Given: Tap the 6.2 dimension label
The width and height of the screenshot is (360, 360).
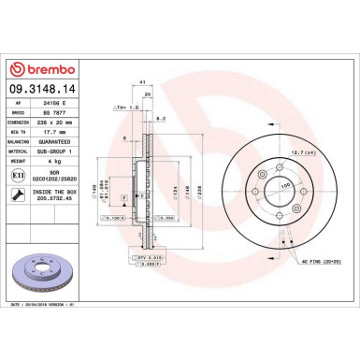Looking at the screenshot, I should click(161, 119).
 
